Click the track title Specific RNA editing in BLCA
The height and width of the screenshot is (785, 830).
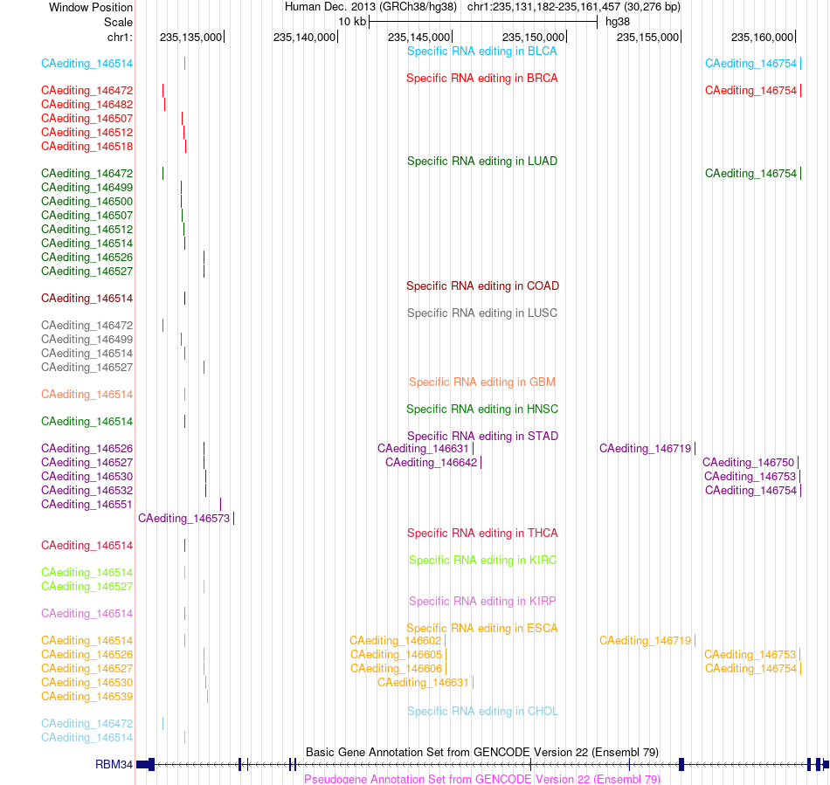pyautogui.click(x=481, y=52)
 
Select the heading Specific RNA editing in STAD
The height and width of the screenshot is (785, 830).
pyautogui.click(x=482, y=437)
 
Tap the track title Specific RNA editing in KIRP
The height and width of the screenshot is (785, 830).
pyautogui.click(x=482, y=602)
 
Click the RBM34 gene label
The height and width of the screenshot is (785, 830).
pyautogui.click(x=114, y=764)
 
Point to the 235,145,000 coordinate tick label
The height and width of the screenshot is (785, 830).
pyautogui.click(x=418, y=38)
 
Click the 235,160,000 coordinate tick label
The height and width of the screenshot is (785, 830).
pyautogui.click(x=762, y=38)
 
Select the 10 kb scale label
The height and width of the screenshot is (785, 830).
pyautogui.click(x=352, y=22)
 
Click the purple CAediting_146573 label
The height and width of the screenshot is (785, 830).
pyautogui.click(x=184, y=519)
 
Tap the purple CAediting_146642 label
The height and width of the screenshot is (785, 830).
pyautogui.click(x=432, y=463)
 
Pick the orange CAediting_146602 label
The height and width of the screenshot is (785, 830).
pyautogui.click(x=396, y=641)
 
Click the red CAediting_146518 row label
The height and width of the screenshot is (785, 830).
pyautogui.click(x=86, y=147)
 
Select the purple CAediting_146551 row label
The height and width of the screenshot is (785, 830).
pyautogui.click(x=86, y=505)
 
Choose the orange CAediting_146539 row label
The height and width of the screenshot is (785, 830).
pyautogui.click(x=86, y=697)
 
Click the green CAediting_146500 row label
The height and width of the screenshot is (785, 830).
pyautogui.click(x=86, y=202)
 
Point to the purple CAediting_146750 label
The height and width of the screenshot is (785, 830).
pyautogui.click(x=749, y=463)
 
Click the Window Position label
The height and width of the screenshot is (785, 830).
pyautogui.click(x=91, y=7)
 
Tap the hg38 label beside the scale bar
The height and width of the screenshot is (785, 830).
pyautogui.click(x=618, y=22)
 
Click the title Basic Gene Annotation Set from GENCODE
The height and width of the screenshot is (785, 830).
pyautogui.click(x=482, y=752)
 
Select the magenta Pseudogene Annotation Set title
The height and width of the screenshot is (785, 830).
pyautogui.click(x=482, y=779)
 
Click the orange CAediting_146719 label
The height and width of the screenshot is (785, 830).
pyautogui.click(x=646, y=641)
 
